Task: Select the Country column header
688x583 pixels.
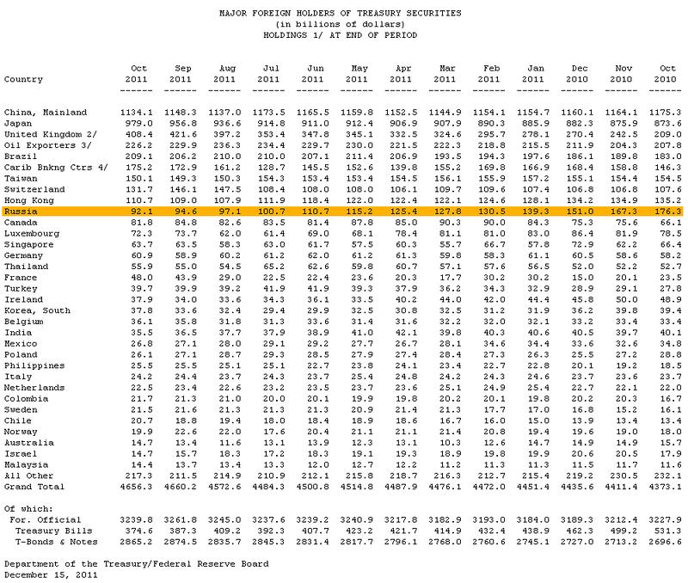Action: (x=24, y=79)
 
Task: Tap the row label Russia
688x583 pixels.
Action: (x=20, y=211)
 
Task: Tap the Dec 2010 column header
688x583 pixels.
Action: (x=580, y=73)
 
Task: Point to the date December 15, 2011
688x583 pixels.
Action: (x=45, y=574)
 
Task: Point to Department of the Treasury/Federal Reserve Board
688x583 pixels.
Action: (x=136, y=563)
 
